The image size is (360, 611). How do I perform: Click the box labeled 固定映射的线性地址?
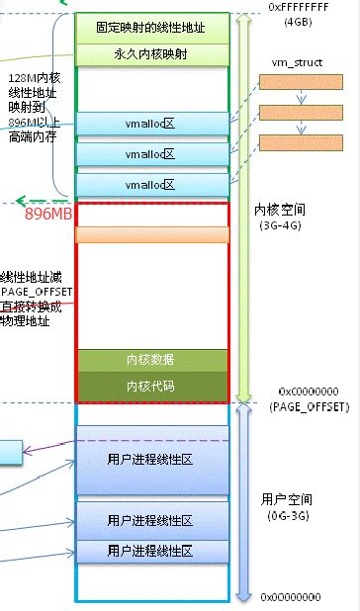151,27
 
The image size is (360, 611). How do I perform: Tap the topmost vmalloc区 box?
151,125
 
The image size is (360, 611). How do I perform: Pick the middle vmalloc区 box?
151,154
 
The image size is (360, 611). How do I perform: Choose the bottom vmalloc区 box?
151,185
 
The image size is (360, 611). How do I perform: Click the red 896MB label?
45,213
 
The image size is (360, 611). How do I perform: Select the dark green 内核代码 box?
151,387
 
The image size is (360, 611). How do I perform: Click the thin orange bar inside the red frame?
151,235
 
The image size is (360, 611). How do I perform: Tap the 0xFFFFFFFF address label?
298,7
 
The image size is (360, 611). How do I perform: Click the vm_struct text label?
293,62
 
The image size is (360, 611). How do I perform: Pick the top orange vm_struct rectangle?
295,82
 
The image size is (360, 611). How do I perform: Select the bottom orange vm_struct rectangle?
295,141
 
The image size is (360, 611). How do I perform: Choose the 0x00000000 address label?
293,597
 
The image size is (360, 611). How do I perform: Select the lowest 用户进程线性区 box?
151,551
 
